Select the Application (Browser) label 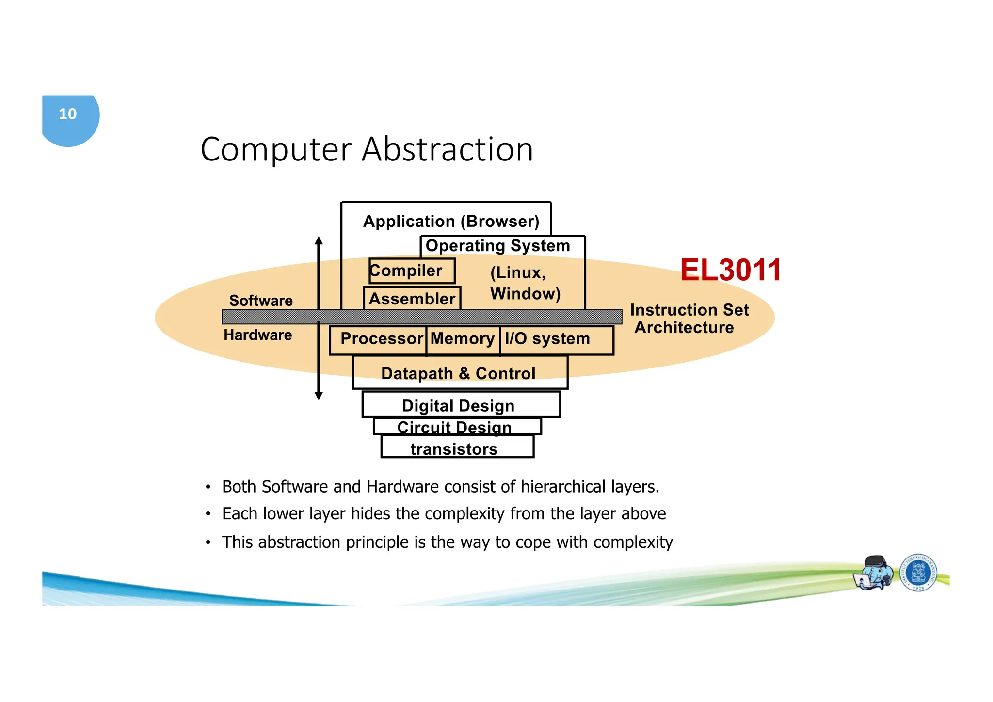(x=451, y=222)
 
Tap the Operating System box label (x=497, y=246)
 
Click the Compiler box (x=412, y=271)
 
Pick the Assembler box (x=412, y=299)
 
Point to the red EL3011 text (x=730, y=270)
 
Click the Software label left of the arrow (x=261, y=301)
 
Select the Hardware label (x=258, y=335)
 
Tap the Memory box (x=463, y=339)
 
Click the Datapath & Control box (x=459, y=373)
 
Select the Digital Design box (x=458, y=406)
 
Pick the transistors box (x=454, y=449)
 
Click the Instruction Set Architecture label (x=689, y=319)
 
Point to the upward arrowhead (x=319, y=240)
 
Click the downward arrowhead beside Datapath (x=319, y=396)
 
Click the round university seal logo (x=918, y=573)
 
